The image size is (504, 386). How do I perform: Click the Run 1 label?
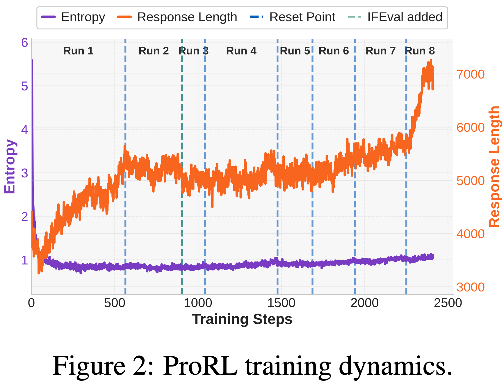click(x=78, y=51)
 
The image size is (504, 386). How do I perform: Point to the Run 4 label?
click(x=241, y=51)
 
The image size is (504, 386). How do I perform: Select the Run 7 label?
click(x=380, y=51)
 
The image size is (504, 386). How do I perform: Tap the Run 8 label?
click(x=420, y=51)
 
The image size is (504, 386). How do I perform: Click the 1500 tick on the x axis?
click(x=281, y=303)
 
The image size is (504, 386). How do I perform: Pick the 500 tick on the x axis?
click(x=115, y=303)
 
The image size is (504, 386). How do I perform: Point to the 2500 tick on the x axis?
click(x=448, y=303)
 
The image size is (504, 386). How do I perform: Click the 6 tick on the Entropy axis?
click(x=25, y=43)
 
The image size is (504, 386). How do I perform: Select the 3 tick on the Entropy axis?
click(x=25, y=173)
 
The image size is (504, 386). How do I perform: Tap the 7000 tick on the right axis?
click(x=471, y=74)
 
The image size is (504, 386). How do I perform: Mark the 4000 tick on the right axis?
click(x=471, y=234)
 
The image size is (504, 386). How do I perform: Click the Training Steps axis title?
click(x=242, y=319)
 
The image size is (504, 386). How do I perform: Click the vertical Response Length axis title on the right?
click(x=494, y=166)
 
